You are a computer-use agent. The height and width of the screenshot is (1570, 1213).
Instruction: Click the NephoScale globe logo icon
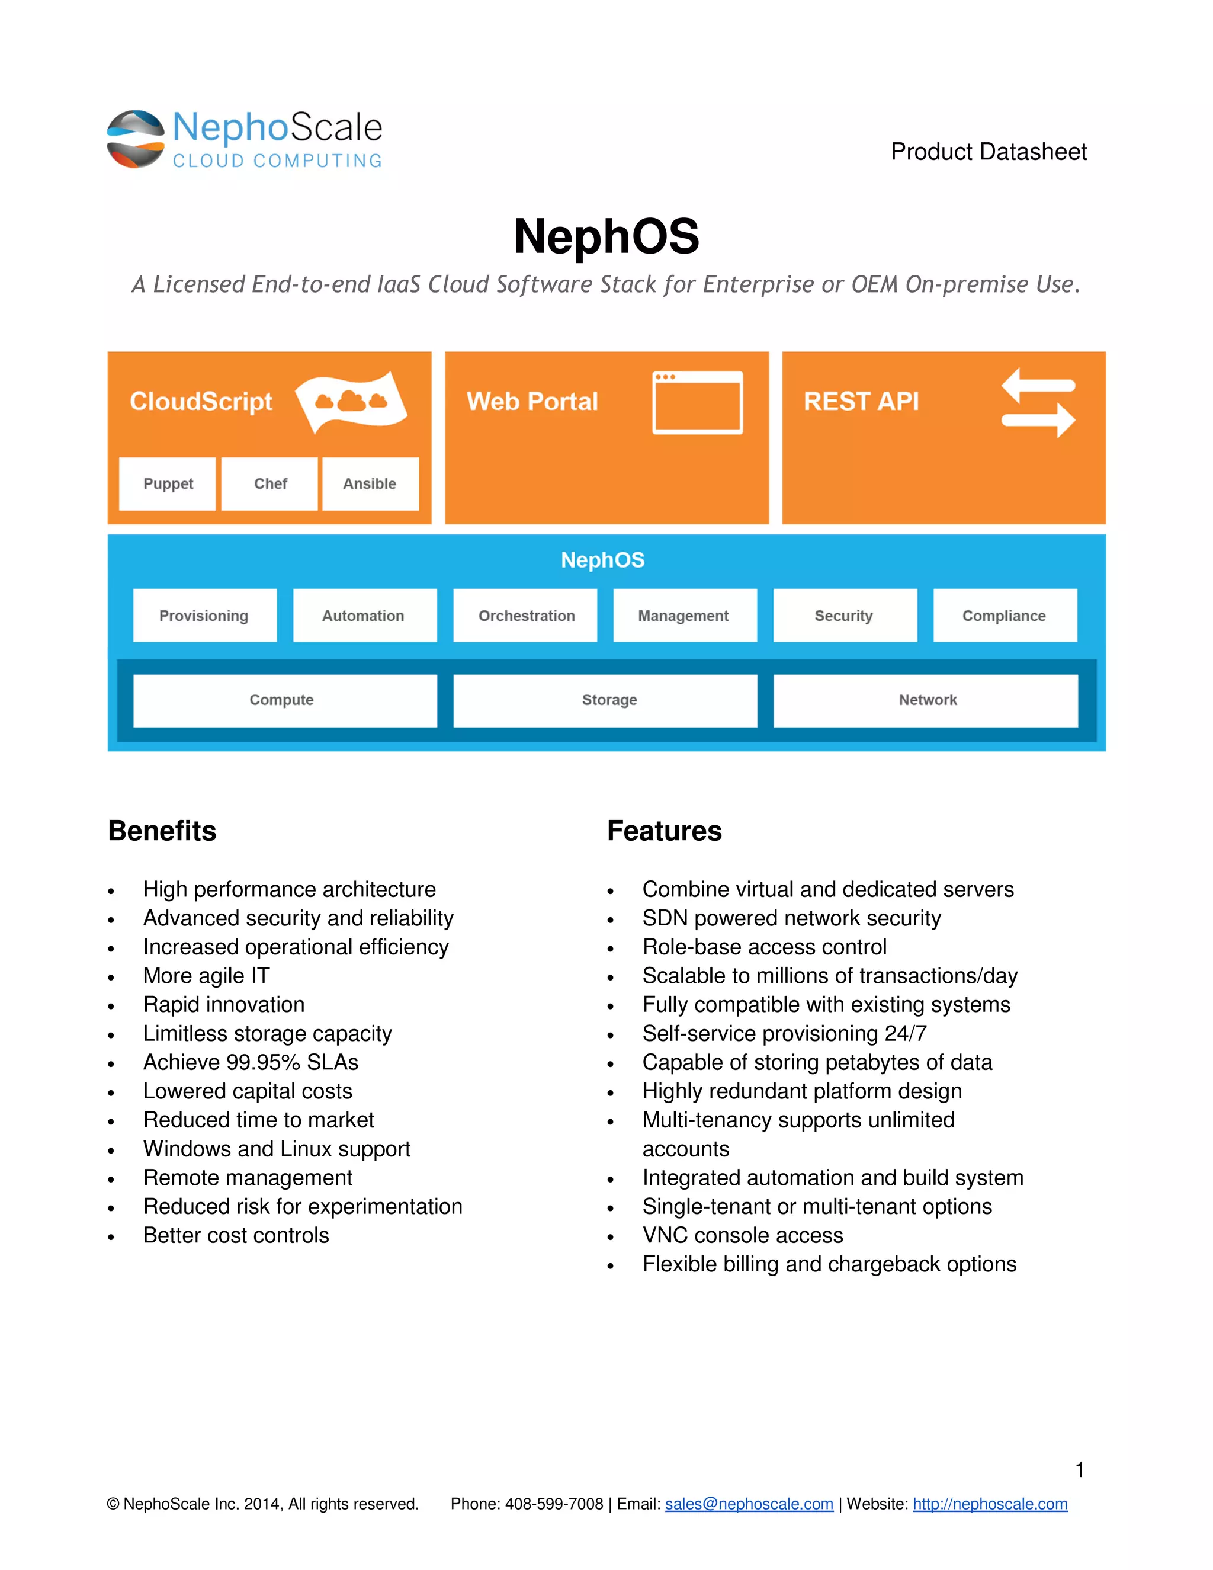click(x=136, y=139)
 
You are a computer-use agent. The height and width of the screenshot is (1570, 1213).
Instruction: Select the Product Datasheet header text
click(x=988, y=152)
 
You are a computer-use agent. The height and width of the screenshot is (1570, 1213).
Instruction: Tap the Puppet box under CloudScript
click(x=168, y=484)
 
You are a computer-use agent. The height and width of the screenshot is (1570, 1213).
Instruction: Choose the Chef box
click(x=269, y=484)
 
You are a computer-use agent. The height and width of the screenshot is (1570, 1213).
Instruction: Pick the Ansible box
click(x=370, y=484)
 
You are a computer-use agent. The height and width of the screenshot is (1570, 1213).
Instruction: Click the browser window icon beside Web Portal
click(x=697, y=402)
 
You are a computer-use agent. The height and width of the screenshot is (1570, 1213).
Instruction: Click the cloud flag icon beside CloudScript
click(x=351, y=402)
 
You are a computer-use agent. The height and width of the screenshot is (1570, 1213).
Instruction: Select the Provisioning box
click(x=204, y=616)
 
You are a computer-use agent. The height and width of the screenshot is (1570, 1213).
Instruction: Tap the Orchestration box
click(x=526, y=616)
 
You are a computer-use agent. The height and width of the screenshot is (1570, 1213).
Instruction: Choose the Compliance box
click(x=1004, y=616)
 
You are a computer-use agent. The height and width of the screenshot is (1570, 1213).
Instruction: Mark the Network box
click(x=926, y=700)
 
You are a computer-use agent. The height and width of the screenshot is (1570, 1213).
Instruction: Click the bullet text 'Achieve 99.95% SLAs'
click(x=250, y=1062)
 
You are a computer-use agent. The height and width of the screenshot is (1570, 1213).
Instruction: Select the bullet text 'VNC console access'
click(x=742, y=1235)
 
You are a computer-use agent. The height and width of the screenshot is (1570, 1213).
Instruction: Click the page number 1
click(x=1079, y=1469)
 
